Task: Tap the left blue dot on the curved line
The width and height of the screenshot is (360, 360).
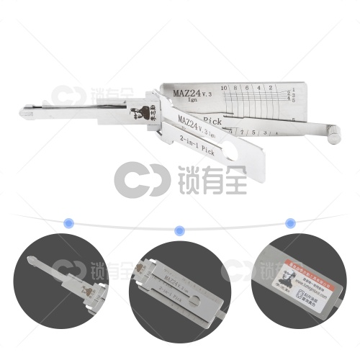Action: [x=69, y=222]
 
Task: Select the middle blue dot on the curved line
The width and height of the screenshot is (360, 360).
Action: [x=180, y=230]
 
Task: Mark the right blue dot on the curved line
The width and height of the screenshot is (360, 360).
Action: [x=290, y=222]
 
